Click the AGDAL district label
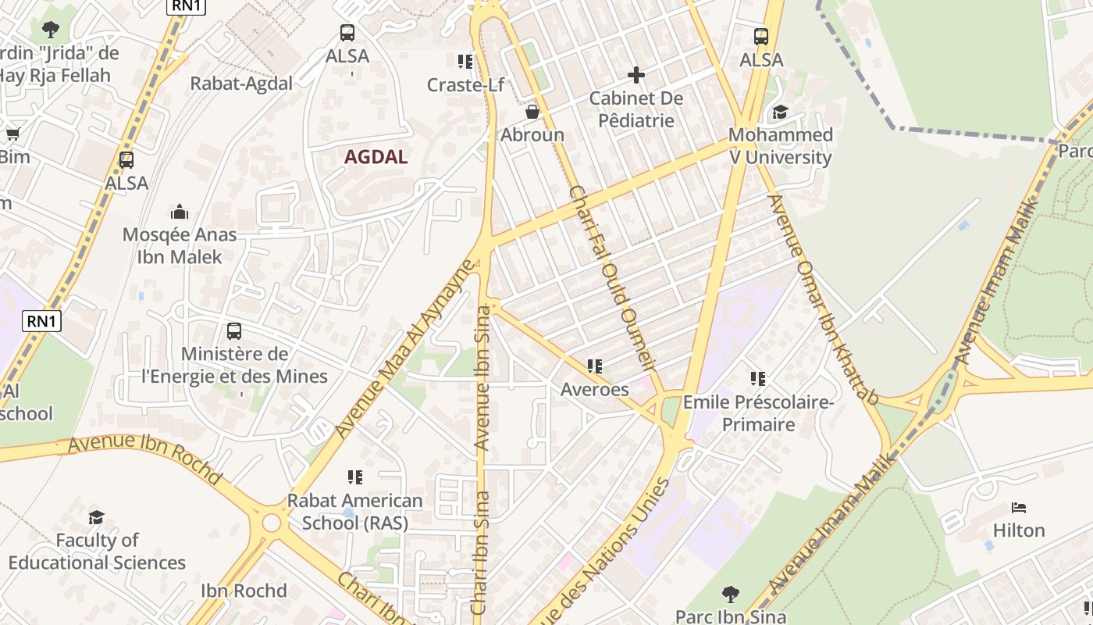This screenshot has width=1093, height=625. [x=376, y=157]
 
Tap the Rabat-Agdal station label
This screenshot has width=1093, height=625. [x=241, y=84]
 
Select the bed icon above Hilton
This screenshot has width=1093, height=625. [x=1018, y=508]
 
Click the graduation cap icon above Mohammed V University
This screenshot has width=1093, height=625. [x=780, y=112]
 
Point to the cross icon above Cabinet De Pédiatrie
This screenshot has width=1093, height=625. [x=636, y=75]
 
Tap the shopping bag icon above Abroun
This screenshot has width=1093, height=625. [x=532, y=112]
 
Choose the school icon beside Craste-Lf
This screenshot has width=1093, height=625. [x=465, y=62]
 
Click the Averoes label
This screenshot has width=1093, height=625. [x=594, y=389]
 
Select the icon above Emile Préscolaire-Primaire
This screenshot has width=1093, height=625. [x=757, y=379]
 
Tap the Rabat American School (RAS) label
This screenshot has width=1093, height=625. [x=355, y=512]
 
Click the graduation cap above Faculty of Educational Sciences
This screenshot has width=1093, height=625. [x=97, y=517]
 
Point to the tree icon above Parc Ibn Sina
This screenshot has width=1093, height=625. [x=730, y=595]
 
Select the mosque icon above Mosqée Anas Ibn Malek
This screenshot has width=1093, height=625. [x=180, y=212]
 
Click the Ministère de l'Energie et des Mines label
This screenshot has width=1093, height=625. [x=234, y=366]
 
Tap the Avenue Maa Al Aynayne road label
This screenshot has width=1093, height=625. [x=404, y=349]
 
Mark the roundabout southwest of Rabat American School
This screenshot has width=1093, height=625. [x=271, y=523]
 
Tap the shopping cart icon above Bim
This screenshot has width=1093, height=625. [x=12, y=134]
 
